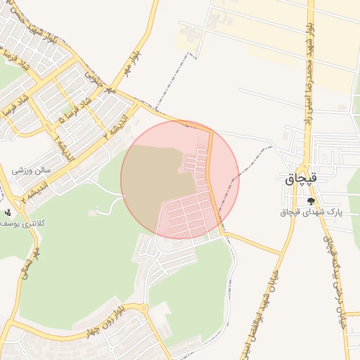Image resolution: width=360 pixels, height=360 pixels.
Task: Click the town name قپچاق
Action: [302, 179]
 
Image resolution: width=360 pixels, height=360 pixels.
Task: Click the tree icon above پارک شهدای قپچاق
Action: [311, 200]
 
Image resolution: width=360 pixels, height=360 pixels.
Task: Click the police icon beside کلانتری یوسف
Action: [8, 212]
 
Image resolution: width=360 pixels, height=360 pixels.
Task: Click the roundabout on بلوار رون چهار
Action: [143, 308]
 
